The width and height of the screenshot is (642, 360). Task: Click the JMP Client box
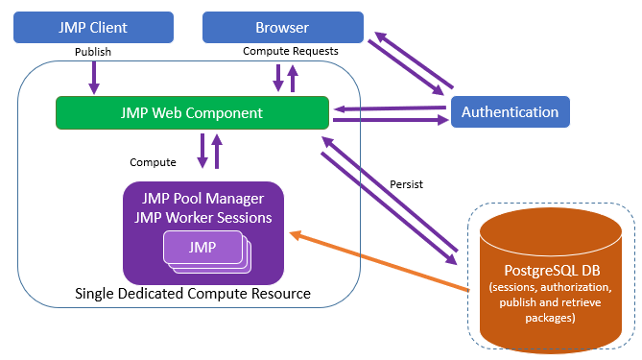[94, 27]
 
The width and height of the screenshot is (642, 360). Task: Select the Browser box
[282, 27]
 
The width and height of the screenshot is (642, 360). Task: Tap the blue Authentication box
[510, 111]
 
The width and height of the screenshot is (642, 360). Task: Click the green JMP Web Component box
[192, 112]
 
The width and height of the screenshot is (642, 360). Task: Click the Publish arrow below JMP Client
[94, 77]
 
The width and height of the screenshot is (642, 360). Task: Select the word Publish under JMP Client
[94, 51]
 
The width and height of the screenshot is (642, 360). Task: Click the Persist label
[407, 182]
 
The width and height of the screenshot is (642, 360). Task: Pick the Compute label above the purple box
[153, 162]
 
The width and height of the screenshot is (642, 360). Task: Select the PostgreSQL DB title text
[546, 269]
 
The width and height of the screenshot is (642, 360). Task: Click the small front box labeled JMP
[202, 248]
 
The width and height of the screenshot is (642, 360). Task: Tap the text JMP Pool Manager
[202, 199]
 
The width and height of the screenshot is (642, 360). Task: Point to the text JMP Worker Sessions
[202, 217]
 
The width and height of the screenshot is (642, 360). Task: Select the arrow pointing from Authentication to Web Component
[389, 108]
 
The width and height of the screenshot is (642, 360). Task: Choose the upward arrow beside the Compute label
[218, 151]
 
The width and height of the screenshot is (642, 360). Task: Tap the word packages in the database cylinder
[546, 319]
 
